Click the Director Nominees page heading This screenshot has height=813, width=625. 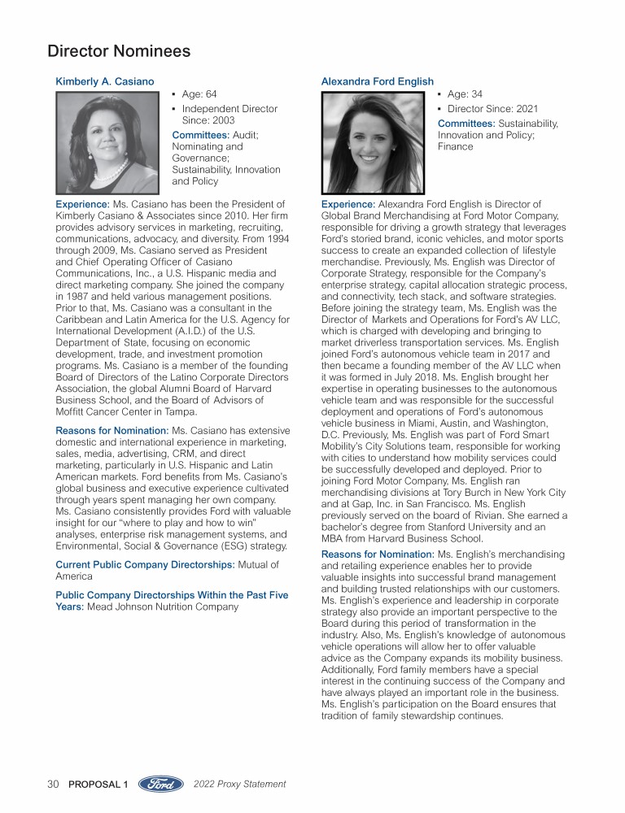119,51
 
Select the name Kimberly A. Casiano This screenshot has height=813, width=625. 104,81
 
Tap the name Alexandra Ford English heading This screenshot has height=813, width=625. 378,81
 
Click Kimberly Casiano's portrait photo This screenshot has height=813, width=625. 107,142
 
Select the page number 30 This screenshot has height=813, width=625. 54,785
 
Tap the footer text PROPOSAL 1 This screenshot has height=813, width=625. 98,785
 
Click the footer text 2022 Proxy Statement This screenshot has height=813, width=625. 240,785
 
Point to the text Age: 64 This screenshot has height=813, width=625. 199,94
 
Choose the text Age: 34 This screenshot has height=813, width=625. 465,94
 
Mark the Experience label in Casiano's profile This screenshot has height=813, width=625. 81,203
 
